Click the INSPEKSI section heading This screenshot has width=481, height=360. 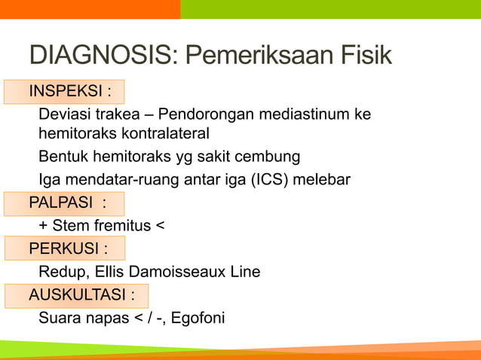[x=69, y=92]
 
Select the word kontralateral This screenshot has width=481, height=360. [x=165, y=134]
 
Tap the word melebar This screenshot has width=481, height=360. [x=326, y=180]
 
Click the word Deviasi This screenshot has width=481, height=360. [x=63, y=114]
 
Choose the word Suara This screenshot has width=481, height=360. [x=61, y=318]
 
